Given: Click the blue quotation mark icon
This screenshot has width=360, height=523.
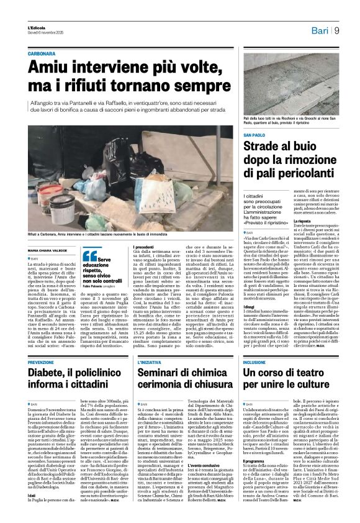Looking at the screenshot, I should click(89, 255).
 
